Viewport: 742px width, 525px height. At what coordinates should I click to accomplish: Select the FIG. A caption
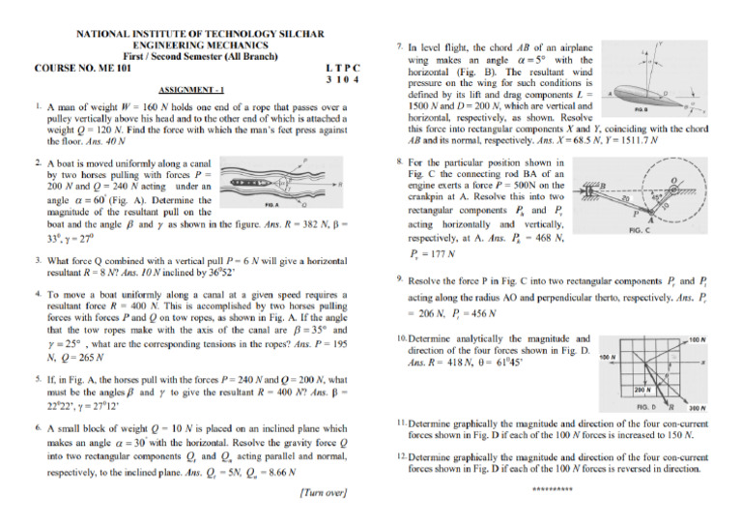272,205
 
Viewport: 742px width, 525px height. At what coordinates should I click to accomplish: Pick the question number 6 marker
36,426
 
